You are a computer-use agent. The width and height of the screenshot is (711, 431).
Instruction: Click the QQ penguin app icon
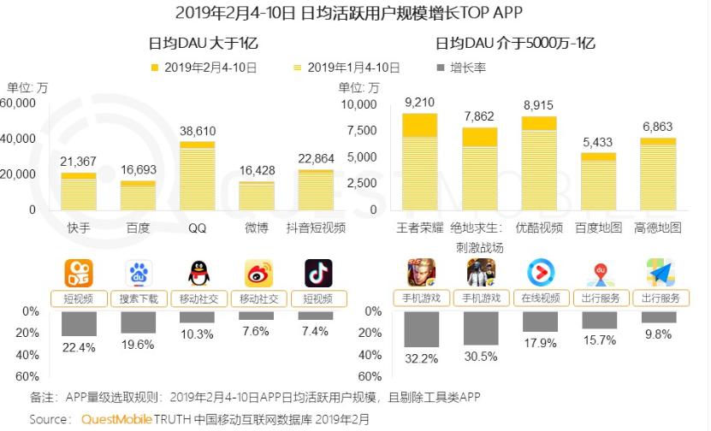[x=198, y=274]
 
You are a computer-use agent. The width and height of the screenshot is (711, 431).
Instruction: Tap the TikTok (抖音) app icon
[x=317, y=274]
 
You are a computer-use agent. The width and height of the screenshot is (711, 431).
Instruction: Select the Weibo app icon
[x=258, y=274]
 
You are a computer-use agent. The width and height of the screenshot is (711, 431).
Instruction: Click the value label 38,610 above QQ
[x=198, y=131]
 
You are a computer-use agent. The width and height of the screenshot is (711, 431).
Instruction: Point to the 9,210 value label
[x=420, y=103]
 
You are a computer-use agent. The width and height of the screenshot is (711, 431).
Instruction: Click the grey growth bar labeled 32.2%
[x=420, y=329]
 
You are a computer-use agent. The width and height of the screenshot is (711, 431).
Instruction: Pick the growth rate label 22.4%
[x=79, y=346]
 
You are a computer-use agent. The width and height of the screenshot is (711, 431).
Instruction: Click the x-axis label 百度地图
[x=599, y=228]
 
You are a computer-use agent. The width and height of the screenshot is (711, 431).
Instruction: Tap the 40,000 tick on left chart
[x=19, y=139]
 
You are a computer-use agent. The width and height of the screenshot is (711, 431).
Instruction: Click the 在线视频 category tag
[x=540, y=298]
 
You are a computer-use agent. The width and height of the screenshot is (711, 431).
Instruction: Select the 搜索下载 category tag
[x=139, y=298]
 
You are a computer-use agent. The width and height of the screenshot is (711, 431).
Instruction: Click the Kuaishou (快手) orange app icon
[x=79, y=274]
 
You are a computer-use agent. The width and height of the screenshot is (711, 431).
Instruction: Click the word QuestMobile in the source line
[x=116, y=419]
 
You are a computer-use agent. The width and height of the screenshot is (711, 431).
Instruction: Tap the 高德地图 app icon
[x=659, y=274]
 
